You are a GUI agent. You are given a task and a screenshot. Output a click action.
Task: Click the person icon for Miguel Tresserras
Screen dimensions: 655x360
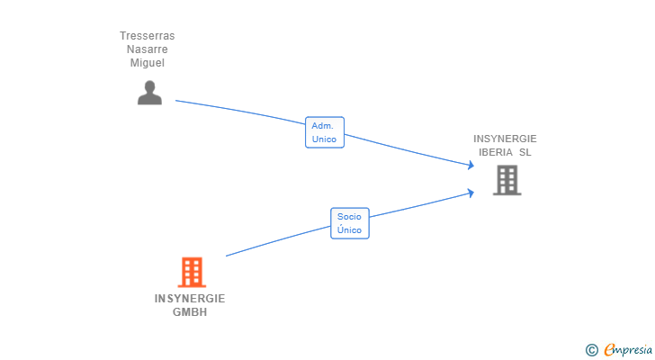[x=149, y=93]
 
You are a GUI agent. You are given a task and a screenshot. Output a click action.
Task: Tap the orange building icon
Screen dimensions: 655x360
[x=192, y=273]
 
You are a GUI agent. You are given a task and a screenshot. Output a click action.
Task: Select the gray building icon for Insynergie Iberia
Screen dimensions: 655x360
[x=507, y=180]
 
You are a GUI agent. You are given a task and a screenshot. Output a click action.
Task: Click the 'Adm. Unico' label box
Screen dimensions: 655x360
[x=325, y=132]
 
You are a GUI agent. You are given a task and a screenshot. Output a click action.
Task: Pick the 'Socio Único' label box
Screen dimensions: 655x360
[x=350, y=223]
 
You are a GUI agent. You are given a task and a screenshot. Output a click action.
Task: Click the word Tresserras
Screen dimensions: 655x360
[x=147, y=36]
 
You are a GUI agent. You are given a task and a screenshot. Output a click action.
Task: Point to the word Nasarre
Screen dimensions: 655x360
[x=147, y=49]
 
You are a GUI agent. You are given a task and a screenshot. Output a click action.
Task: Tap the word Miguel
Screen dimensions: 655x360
[x=147, y=63]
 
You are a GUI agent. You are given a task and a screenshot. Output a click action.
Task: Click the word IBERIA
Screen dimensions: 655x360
[x=496, y=152]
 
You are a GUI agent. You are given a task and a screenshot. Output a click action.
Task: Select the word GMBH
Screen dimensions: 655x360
[x=190, y=312]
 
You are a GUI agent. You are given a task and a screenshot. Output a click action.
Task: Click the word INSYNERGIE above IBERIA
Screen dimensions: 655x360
[x=505, y=139]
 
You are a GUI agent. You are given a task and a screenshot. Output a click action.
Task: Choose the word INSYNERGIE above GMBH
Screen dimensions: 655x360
[x=190, y=299]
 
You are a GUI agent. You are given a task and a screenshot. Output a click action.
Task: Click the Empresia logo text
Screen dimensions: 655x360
[x=628, y=349]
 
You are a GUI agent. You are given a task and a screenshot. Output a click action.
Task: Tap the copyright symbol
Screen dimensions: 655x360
[x=591, y=350]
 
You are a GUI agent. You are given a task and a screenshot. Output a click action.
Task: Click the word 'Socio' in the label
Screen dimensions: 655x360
[x=349, y=217]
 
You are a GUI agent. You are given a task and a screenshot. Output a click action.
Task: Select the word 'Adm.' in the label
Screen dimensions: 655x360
[x=322, y=126]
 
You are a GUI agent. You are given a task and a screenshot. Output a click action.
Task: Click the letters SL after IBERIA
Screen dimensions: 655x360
[x=525, y=152]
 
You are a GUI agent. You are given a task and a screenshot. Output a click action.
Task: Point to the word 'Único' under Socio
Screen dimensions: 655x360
[x=349, y=229]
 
